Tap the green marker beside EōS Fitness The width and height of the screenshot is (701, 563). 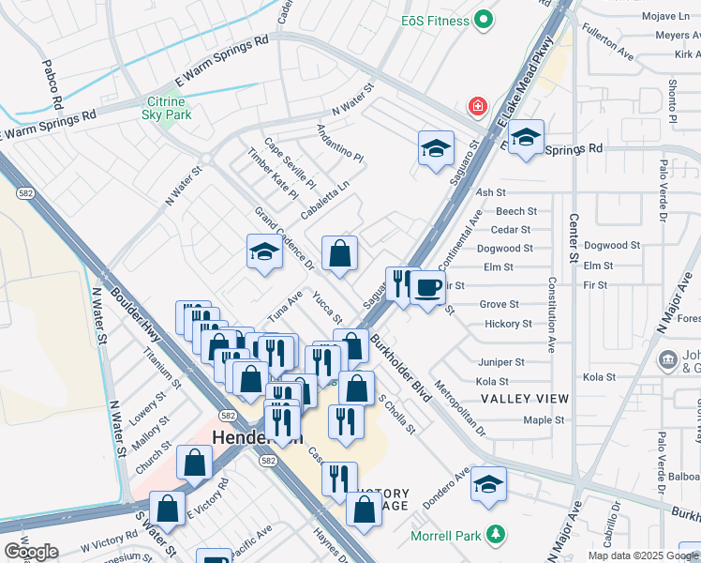point(484,19)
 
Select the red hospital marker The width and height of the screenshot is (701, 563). point(479,105)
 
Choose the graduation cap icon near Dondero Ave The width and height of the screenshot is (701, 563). point(488,458)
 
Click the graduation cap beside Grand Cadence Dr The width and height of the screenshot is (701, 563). point(264,251)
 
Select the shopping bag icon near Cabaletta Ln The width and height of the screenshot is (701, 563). point(339,252)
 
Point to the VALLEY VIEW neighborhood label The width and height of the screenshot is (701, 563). point(525,399)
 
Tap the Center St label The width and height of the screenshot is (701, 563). point(574,245)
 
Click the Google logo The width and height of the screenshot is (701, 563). point(32,551)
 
